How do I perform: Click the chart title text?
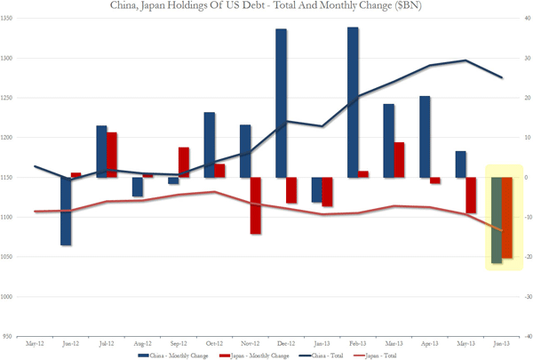coord(266,8)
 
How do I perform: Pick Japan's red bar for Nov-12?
coord(256,205)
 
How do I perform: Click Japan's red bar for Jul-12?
coord(112,155)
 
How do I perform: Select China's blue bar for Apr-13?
coord(425,137)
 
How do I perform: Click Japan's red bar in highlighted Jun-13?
coord(506,218)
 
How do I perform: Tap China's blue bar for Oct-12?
coord(209,145)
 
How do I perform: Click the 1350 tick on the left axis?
coord(17,19)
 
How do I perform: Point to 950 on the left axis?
coord(18,337)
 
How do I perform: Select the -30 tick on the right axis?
coord(526,297)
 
